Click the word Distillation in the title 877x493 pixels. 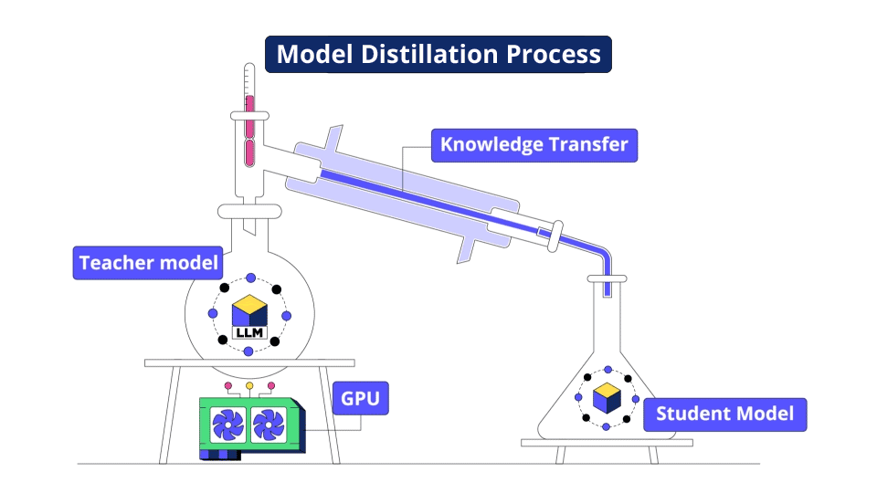click(435, 55)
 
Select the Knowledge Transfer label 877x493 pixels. click(534, 144)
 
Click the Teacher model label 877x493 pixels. click(149, 263)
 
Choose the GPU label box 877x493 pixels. click(361, 398)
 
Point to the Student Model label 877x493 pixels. click(725, 414)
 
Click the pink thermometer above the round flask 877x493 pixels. click(249, 128)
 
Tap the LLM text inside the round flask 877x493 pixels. click(248, 332)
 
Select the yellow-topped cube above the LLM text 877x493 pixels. click(248, 309)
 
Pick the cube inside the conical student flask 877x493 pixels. click(606, 398)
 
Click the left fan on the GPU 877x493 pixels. click(228, 425)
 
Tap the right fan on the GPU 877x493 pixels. click(269, 425)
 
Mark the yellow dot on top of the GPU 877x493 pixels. click(248, 385)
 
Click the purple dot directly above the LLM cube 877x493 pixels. click(249, 278)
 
